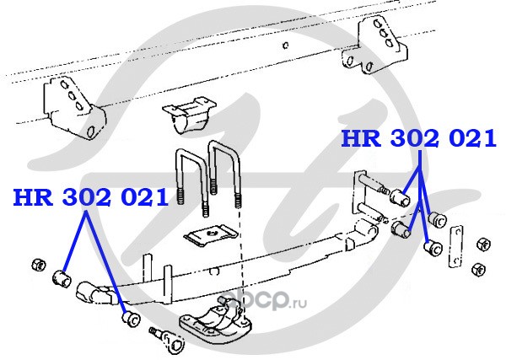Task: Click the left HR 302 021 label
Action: point(90,198)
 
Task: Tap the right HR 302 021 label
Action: point(417,139)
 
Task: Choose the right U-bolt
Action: point(226,173)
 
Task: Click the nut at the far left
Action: point(37,262)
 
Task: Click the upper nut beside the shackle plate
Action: point(483,244)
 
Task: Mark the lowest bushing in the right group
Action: point(434,248)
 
